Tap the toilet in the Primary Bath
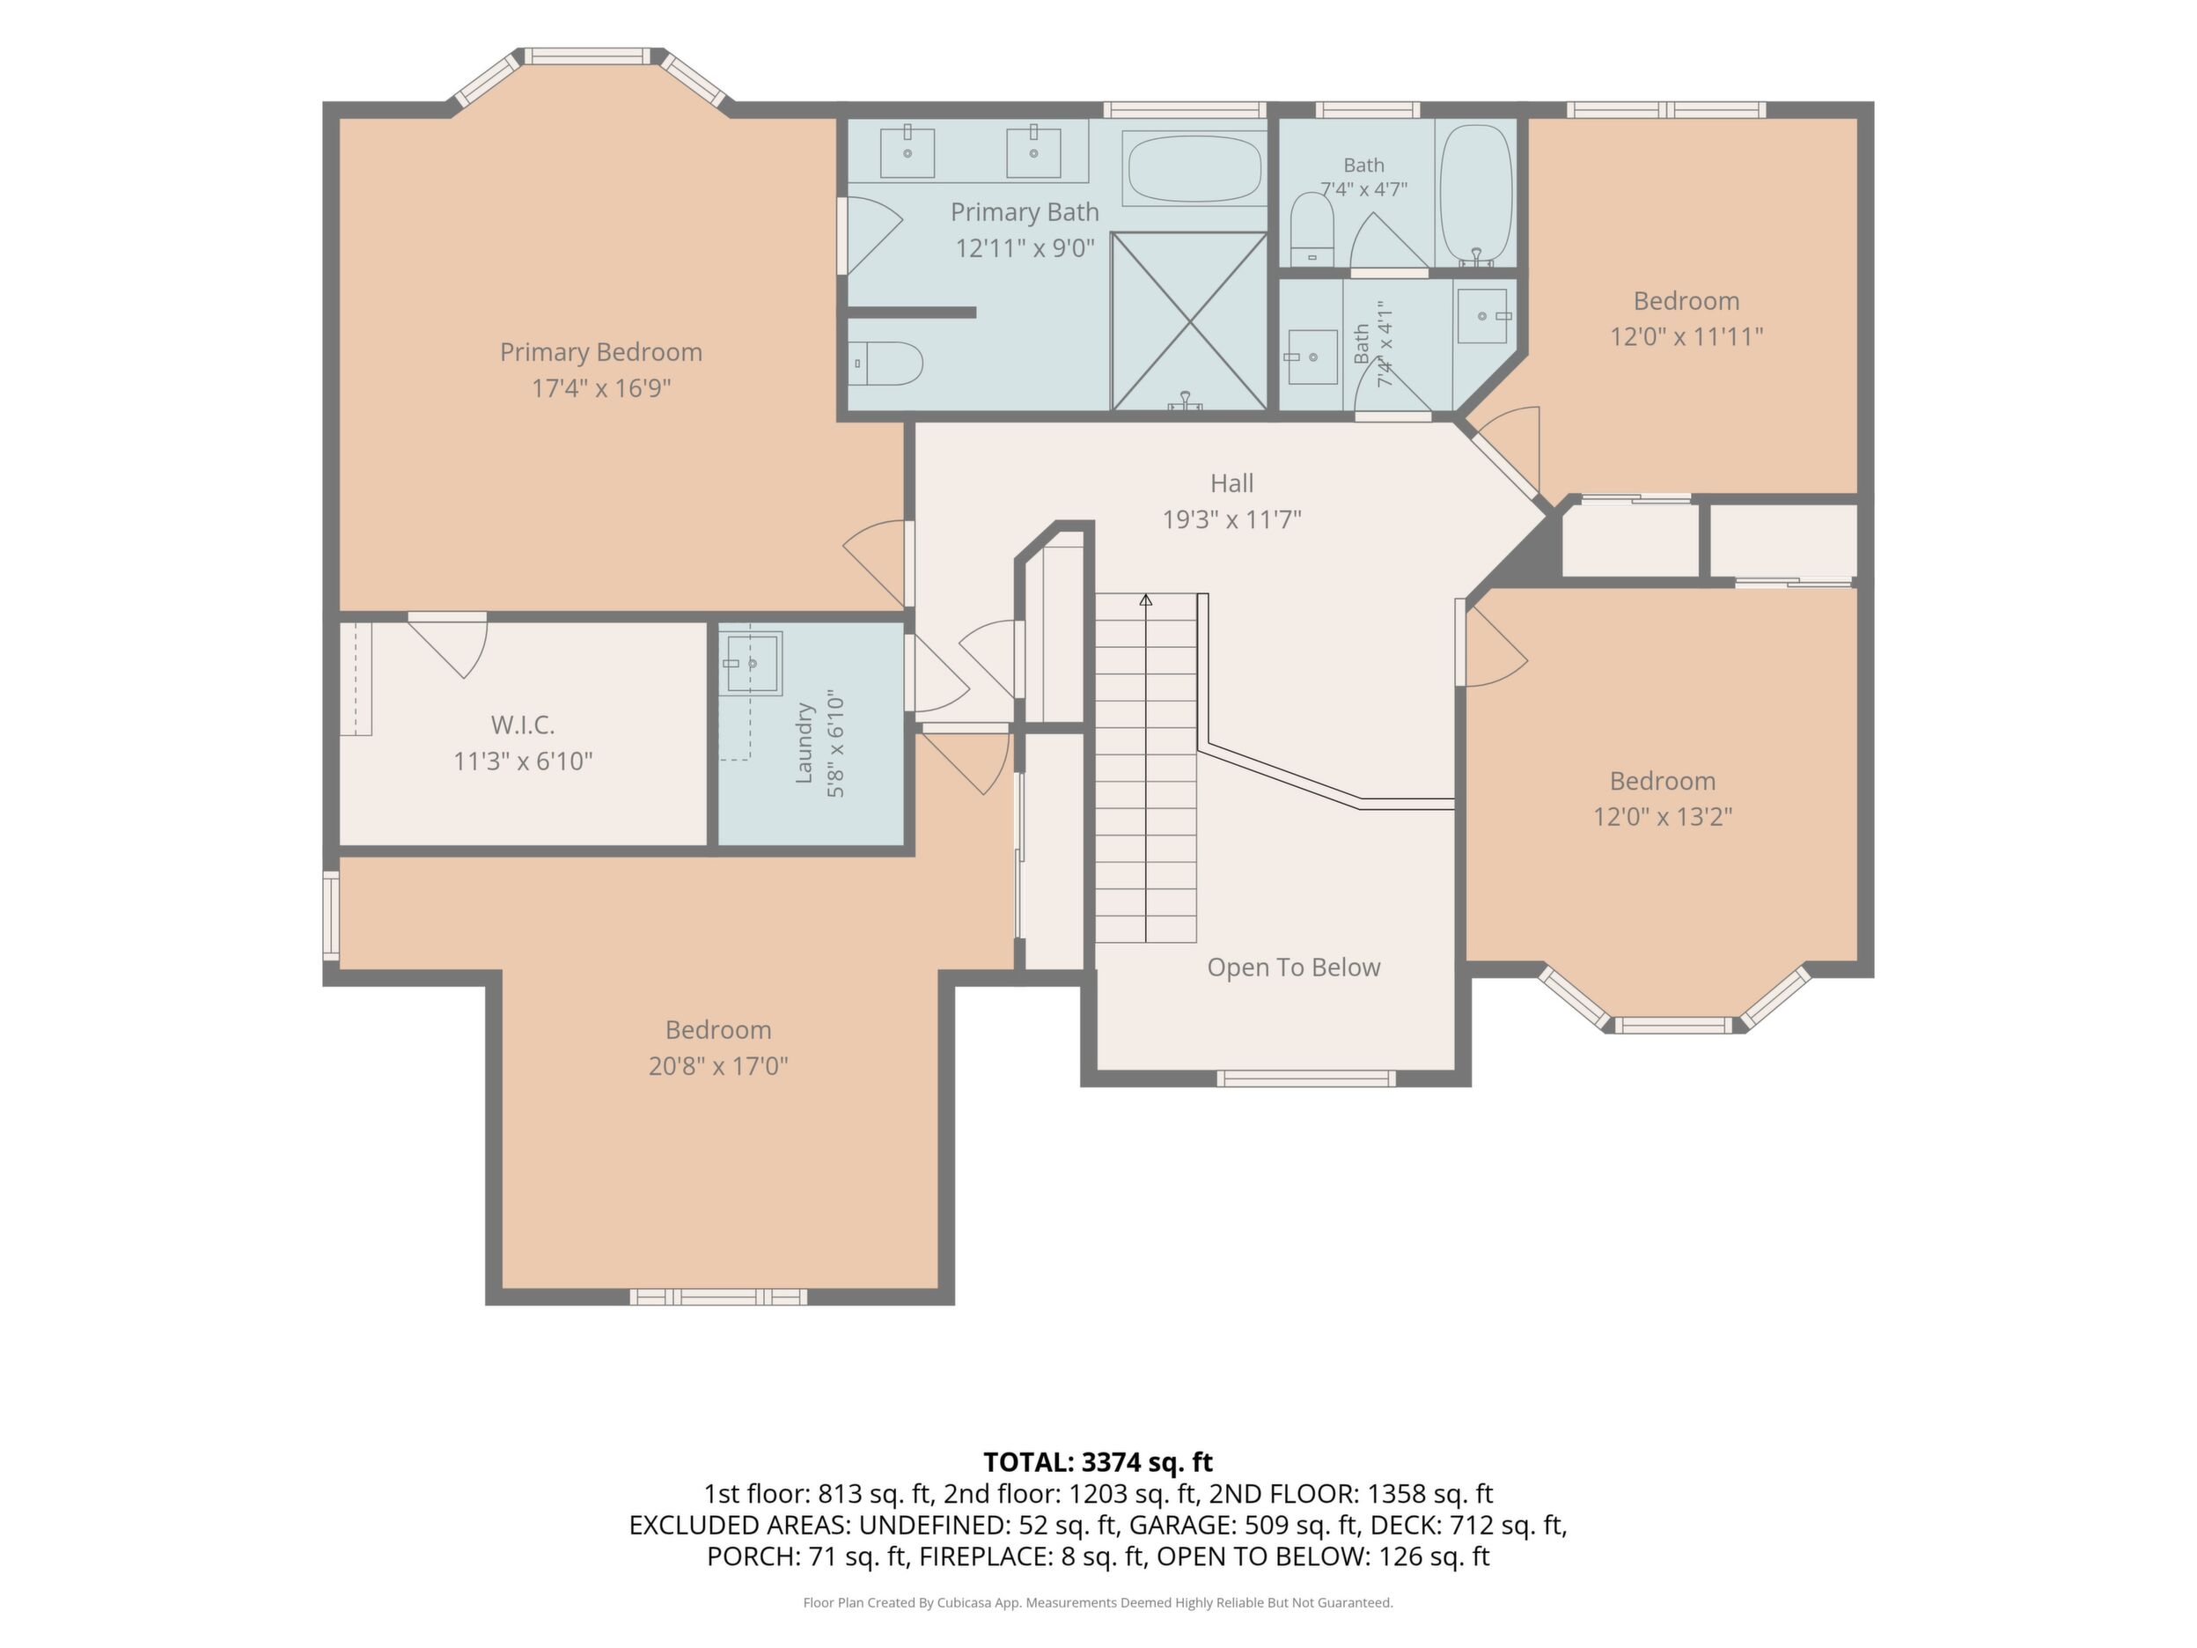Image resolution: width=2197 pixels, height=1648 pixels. (x=887, y=364)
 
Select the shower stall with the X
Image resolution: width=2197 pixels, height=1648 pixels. (x=1189, y=320)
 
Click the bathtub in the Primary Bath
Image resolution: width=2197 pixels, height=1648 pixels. (x=1194, y=169)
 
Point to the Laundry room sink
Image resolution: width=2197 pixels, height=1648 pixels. (x=753, y=663)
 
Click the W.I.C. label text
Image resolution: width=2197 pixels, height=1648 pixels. (x=523, y=725)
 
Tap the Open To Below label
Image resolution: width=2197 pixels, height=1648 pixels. (x=1293, y=967)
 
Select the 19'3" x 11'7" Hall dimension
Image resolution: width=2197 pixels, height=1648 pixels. (x=1231, y=519)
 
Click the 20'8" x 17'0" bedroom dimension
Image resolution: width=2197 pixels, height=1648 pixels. (x=718, y=1066)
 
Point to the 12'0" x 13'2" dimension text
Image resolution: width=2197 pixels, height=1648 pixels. (x=1663, y=817)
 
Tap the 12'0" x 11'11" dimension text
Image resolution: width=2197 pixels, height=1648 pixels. (x=1686, y=337)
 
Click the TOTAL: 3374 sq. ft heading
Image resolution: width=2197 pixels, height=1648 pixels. (x=1098, y=1462)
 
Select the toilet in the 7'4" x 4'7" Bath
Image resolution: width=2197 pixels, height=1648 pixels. (x=1311, y=230)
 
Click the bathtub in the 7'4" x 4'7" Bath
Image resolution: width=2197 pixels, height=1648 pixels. (x=1476, y=195)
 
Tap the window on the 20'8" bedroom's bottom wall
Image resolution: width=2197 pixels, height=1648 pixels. (x=718, y=1297)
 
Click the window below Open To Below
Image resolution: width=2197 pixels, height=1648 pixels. (x=1306, y=1078)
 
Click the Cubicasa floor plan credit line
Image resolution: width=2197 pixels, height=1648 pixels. (x=1098, y=1602)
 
